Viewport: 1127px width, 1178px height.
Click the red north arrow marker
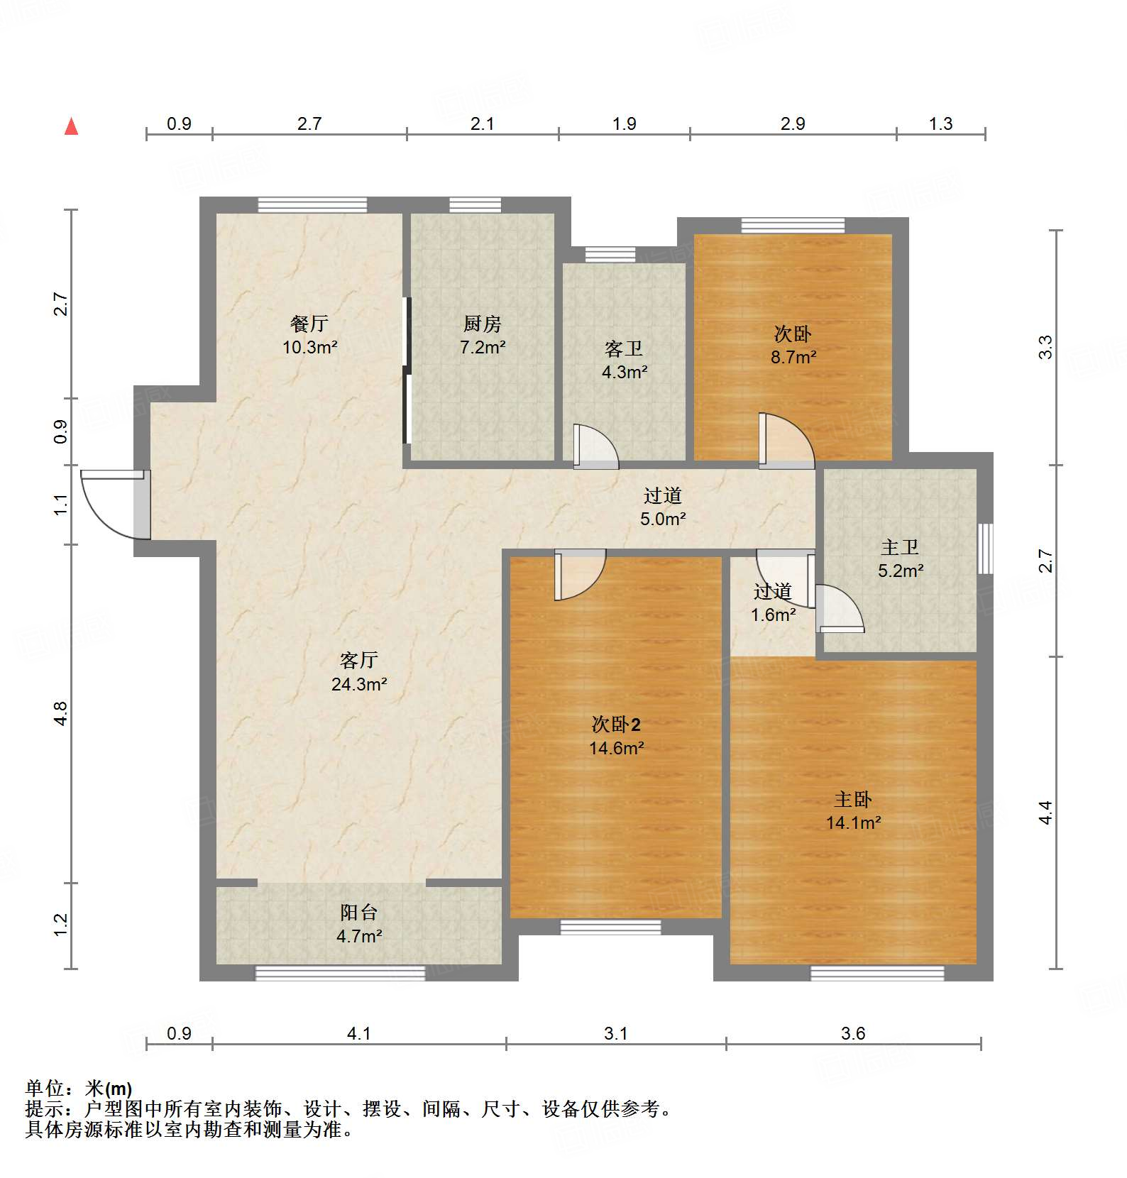(x=71, y=127)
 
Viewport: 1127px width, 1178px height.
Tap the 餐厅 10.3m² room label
(x=309, y=335)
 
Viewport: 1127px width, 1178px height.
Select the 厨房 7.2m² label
(x=483, y=335)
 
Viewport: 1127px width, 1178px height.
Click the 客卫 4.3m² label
(x=624, y=360)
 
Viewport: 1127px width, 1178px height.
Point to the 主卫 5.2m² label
(x=900, y=558)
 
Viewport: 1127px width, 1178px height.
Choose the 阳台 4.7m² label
(x=359, y=924)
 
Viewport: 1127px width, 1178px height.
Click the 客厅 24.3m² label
(x=359, y=672)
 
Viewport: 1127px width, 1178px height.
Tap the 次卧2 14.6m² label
(x=616, y=736)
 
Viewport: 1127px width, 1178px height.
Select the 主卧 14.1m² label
(x=853, y=811)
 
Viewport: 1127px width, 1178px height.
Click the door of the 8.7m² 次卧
(x=784, y=440)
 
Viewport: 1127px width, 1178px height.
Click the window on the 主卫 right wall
(x=985, y=549)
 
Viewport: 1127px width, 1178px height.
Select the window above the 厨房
(x=475, y=205)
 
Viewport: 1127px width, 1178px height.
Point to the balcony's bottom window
(x=340, y=973)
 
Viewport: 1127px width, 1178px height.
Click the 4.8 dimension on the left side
(x=61, y=713)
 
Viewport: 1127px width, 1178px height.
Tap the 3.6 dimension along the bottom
(x=853, y=1033)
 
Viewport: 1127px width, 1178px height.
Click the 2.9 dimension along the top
(x=793, y=123)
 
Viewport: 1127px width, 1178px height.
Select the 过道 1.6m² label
(x=773, y=602)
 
